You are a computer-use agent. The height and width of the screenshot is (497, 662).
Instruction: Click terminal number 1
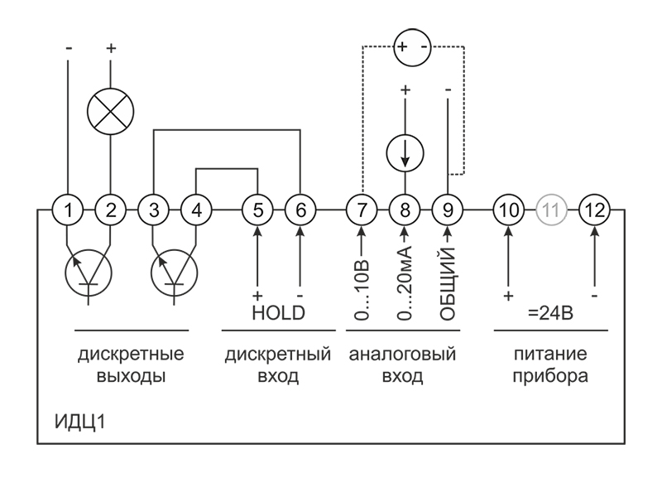[69, 210]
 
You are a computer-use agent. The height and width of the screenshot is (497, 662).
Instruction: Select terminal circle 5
[258, 210]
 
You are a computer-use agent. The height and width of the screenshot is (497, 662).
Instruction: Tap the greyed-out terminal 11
[550, 210]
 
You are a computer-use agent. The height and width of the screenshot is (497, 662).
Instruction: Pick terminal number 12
[593, 210]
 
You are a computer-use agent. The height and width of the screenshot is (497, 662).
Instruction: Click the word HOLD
[278, 314]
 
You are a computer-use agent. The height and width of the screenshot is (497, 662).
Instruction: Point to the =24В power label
[551, 316]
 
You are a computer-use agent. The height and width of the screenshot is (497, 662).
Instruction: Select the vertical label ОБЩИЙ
[448, 283]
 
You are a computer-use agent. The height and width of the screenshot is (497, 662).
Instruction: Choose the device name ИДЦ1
[79, 422]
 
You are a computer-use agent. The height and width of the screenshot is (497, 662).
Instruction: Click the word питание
[550, 355]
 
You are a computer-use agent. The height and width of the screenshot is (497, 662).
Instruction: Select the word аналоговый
[403, 355]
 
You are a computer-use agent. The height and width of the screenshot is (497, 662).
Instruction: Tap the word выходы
[131, 377]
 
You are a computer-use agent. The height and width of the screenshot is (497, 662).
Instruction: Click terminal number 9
[448, 210]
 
